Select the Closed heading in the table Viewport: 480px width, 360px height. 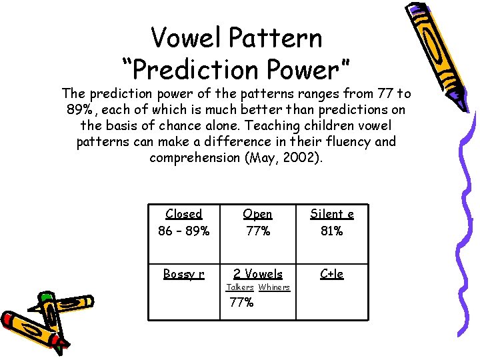(x=184, y=214)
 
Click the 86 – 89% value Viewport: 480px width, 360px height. (x=184, y=231)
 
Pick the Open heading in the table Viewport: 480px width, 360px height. (x=257, y=214)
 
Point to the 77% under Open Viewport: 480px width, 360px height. (x=257, y=231)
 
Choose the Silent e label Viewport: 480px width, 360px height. (x=332, y=214)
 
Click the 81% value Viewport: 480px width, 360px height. (x=332, y=231)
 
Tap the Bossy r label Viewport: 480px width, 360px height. (x=184, y=274)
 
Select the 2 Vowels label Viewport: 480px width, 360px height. (x=257, y=274)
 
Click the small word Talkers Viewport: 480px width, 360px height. (x=240, y=287)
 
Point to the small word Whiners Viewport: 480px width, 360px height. (x=274, y=287)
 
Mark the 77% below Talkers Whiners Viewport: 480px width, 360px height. (x=241, y=302)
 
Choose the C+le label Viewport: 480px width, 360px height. (x=332, y=274)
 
